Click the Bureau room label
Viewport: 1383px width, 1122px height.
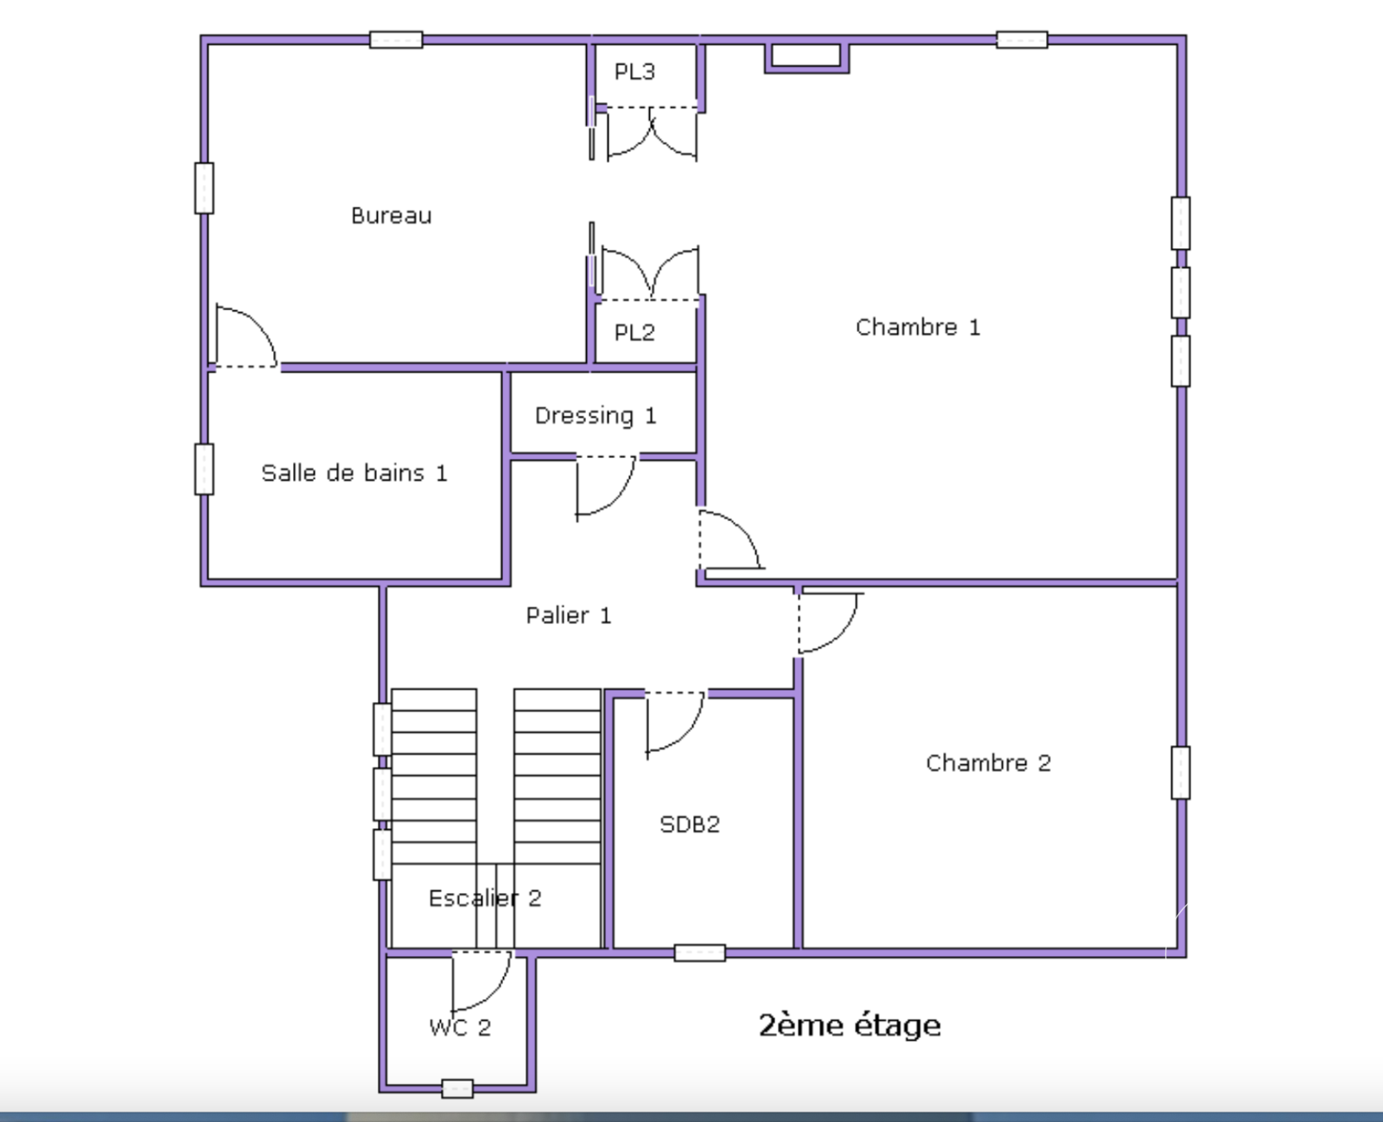391,215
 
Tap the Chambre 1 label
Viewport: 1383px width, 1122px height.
917,327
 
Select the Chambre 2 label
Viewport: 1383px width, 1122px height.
988,762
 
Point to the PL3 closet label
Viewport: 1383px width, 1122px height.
634,72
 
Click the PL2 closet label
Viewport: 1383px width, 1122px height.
634,333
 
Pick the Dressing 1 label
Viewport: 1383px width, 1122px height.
596,416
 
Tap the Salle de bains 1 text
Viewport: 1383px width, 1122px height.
354,473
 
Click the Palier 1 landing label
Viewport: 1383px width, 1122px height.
568,615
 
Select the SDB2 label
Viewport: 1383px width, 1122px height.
690,824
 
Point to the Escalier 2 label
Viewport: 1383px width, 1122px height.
484,898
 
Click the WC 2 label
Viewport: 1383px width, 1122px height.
460,1027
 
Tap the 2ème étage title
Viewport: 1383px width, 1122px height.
850,1025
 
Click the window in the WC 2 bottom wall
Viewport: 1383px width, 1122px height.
457,1088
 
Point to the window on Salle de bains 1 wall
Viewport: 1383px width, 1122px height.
204,469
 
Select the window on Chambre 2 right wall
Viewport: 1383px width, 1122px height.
1181,773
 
